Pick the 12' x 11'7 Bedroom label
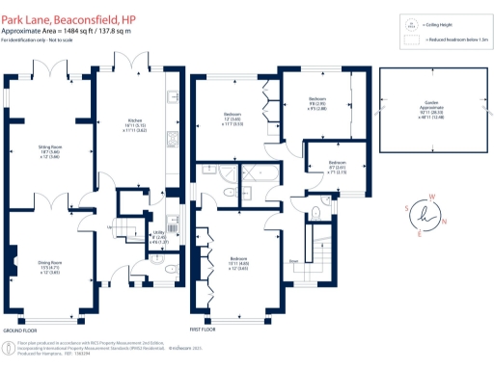[231, 119]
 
